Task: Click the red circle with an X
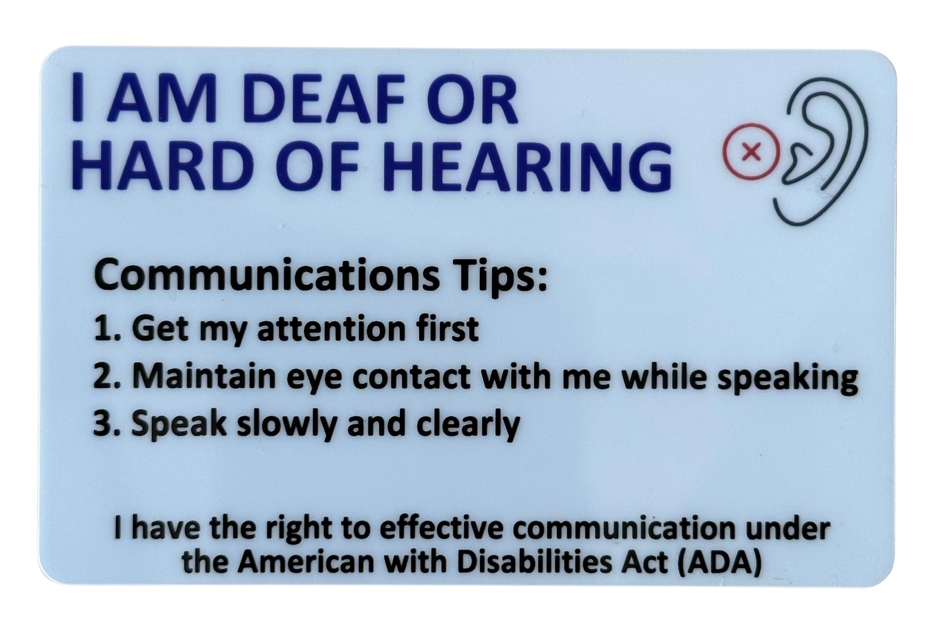coord(751,152)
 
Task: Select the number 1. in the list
coord(108,329)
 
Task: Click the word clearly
coord(468,425)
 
